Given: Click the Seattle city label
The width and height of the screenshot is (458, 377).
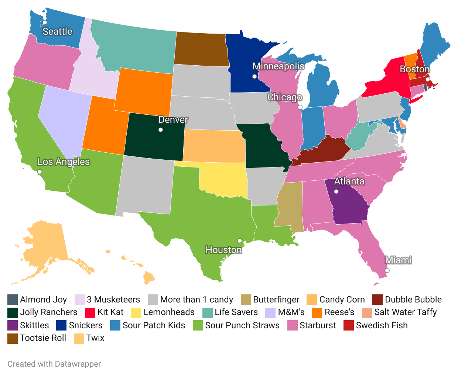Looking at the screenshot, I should (x=57, y=32).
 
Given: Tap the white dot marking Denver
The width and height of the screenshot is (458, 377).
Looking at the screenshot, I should (x=160, y=129).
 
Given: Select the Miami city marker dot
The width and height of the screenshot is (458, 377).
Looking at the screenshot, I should (x=387, y=270).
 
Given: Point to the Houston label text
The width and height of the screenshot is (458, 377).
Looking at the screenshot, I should (x=223, y=250).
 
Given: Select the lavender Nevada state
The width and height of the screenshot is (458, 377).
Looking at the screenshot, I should (x=63, y=118).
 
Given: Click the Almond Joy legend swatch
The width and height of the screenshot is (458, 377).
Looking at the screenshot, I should (x=13, y=300).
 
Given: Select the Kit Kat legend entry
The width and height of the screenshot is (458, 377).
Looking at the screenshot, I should (x=105, y=312).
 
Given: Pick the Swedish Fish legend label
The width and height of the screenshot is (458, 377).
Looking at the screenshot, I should (x=382, y=325).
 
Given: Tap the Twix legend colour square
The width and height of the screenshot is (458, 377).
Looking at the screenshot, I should (x=79, y=338).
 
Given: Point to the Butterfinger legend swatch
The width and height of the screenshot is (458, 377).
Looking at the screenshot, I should (x=246, y=300).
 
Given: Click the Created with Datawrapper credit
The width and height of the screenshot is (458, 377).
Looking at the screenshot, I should (x=54, y=364).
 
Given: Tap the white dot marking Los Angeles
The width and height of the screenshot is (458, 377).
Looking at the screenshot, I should (x=40, y=172).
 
